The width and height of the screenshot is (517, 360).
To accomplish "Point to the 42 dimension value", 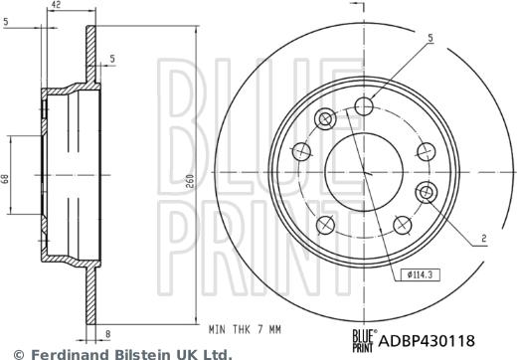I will [x=68, y=6].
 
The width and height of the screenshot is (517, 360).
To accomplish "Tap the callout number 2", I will [x=484, y=239].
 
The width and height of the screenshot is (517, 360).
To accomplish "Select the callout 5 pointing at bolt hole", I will [x=430, y=40].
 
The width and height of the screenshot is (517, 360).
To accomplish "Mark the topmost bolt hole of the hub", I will [x=366, y=104].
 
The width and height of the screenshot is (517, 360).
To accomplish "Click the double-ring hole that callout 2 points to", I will [x=429, y=192].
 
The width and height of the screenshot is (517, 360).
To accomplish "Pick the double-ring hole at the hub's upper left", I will [x=324, y=120].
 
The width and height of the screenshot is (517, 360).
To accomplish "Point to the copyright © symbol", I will [x=9, y=353].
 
